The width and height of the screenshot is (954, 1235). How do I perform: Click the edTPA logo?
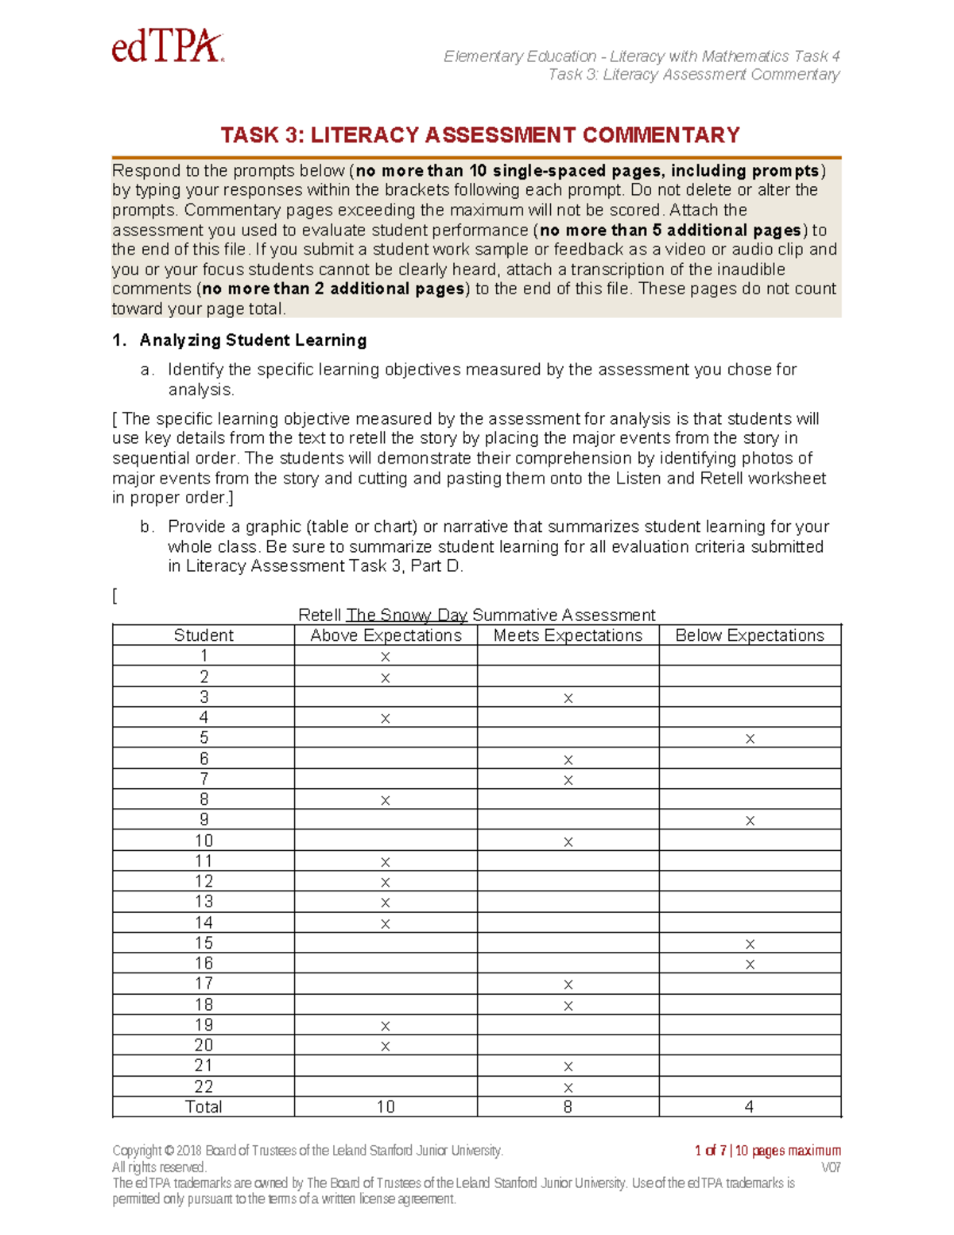[x=168, y=47]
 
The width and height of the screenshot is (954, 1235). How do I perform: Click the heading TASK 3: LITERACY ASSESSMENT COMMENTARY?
[x=480, y=135]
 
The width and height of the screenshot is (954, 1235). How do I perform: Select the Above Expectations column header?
[x=386, y=635]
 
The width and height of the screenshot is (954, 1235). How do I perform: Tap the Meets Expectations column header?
[x=568, y=635]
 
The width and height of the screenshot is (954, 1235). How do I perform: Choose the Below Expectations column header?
[x=750, y=635]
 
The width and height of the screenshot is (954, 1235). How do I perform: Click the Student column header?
[x=204, y=635]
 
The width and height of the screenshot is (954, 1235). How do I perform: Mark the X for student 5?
[x=750, y=739]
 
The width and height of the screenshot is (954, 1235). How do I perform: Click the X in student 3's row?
[x=568, y=698]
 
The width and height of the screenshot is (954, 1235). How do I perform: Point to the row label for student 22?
[x=204, y=1086]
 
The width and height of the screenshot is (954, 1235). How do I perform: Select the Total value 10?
[x=386, y=1107]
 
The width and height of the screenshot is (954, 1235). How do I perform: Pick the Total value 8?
[x=568, y=1107]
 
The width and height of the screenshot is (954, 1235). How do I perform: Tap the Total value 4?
[x=749, y=1107]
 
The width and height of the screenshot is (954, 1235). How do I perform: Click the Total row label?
[x=204, y=1107]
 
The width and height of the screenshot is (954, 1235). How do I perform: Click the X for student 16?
[x=750, y=965]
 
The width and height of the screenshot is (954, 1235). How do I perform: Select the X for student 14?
[x=386, y=923]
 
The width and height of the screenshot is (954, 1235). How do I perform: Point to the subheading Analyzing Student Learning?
[x=253, y=340]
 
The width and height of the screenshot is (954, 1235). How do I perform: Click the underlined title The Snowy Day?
[x=406, y=615]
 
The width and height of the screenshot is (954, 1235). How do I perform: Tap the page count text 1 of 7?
[x=710, y=1151]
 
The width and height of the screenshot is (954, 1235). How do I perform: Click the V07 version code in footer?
[x=830, y=1167]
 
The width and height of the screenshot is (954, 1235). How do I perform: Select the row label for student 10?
[x=204, y=841]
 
